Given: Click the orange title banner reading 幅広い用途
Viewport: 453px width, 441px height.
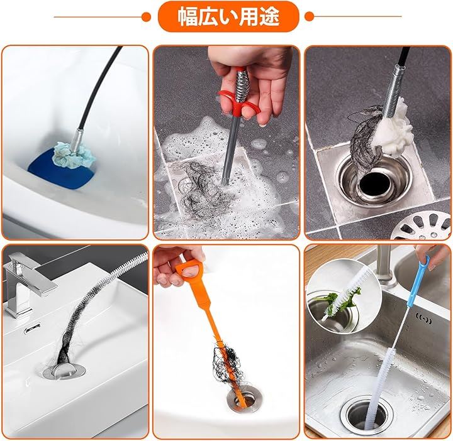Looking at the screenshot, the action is [228, 17].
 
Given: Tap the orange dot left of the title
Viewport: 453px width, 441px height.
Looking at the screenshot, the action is [147, 17].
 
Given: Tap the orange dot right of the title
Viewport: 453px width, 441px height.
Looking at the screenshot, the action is [309, 16].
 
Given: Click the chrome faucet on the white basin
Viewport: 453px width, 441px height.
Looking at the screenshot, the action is [26, 283].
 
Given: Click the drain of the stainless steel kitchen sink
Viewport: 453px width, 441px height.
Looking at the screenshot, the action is [366, 416].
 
